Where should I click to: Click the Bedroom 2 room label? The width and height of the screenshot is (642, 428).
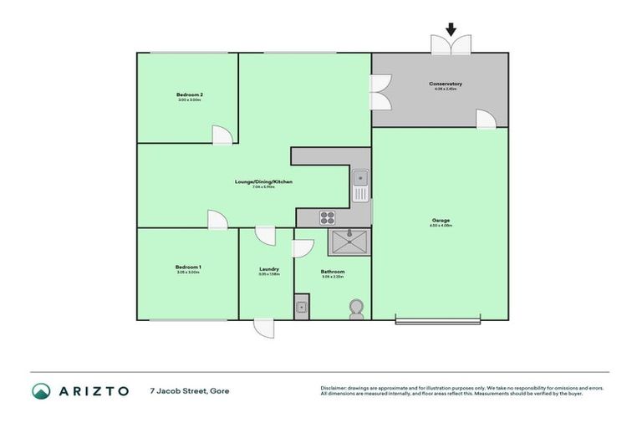click(x=190, y=95)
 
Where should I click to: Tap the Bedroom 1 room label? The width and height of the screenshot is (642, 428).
click(x=188, y=267)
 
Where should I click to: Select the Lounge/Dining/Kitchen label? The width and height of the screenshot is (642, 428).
click(x=263, y=181)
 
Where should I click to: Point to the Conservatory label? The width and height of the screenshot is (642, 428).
click(x=446, y=84)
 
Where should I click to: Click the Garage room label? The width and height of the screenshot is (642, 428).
click(x=441, y=221)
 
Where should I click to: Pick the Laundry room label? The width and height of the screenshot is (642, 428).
click(x=268, y=269)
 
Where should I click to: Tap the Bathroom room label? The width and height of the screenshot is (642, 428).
click(x=333, y=272)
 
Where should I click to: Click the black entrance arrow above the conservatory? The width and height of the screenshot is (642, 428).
click(x=451, y=29)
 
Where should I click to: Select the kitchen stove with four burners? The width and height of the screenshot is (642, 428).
click(x=328, y=218)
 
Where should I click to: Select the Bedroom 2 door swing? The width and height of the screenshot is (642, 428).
click(x=222, y=135)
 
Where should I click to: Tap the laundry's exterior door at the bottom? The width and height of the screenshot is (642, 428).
click(x=264, y=328)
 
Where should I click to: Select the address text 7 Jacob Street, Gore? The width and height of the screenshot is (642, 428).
click(x=189, y=390)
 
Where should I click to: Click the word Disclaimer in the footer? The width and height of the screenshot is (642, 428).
click(x=336, y=388)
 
